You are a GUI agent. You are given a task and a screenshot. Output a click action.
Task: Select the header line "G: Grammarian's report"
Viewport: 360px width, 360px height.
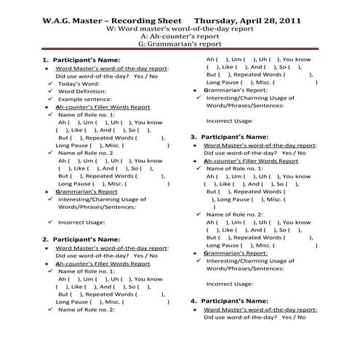point(180,43)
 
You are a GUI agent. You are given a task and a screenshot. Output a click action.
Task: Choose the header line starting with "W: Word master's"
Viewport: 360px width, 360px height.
point(180,26)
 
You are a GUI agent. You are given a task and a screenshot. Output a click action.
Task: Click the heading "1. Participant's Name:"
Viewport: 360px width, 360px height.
point(80,59)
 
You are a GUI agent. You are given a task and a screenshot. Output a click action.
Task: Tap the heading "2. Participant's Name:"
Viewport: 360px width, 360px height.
point(80,239)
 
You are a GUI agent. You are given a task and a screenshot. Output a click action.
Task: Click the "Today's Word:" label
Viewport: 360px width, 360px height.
point(79,85)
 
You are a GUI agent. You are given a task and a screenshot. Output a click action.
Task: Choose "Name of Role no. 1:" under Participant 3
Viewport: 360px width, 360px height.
point(237,168)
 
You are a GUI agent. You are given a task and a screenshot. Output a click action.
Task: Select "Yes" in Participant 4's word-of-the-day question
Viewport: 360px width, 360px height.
point(287,318)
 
